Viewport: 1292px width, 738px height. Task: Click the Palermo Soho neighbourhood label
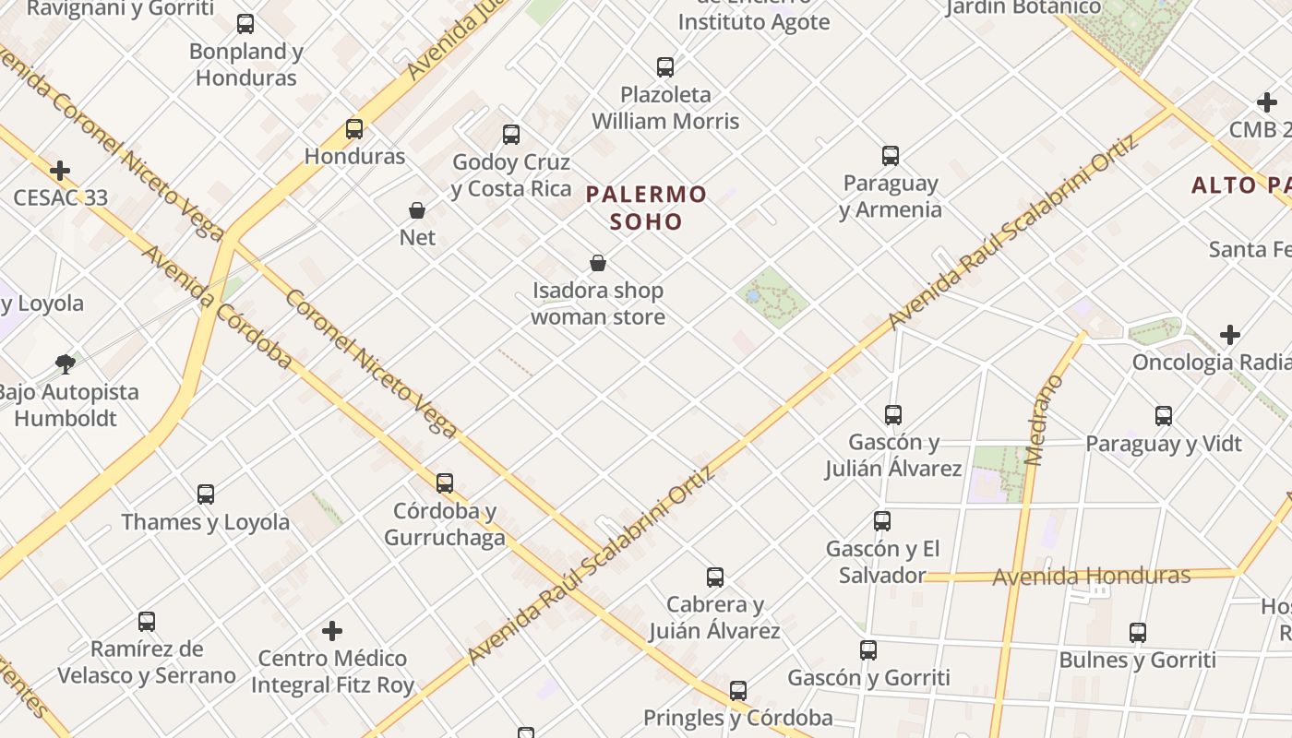tap(646, 208)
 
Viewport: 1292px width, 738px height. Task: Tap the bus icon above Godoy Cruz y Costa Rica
tap(511, 135)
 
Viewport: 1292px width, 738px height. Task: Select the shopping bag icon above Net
tap(417, 210)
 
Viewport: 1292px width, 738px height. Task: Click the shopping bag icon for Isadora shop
tap(598, 263)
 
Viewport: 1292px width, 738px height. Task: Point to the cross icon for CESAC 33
tap(60, 171)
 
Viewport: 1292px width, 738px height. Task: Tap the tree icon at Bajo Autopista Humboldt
tap(65, 363)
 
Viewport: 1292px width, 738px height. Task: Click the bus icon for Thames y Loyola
tap(206, 494)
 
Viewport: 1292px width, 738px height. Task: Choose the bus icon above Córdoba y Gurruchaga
tap(445, 482)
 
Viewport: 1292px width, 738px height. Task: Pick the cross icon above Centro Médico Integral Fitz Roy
tap(332, 631)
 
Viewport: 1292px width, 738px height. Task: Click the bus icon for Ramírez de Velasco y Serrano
tap(147, 621)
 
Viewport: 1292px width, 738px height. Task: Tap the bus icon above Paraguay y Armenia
tap(891, 156)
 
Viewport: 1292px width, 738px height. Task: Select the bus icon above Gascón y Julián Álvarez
tap(892, 415)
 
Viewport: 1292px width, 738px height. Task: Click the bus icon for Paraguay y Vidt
tap(1164, 416)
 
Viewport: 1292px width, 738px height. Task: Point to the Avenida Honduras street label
tap(1091, 577)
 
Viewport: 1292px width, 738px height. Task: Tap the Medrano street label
tap(1044, 420)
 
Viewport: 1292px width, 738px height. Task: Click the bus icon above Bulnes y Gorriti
tap(1138, 633)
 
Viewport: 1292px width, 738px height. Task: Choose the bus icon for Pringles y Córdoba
tap(737, 690)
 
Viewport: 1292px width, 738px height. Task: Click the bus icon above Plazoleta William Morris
tap(665, 67)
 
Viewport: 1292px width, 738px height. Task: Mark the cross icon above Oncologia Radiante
tap(1229, 334)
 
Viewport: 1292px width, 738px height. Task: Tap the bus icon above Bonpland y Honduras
tap(245, 24)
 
